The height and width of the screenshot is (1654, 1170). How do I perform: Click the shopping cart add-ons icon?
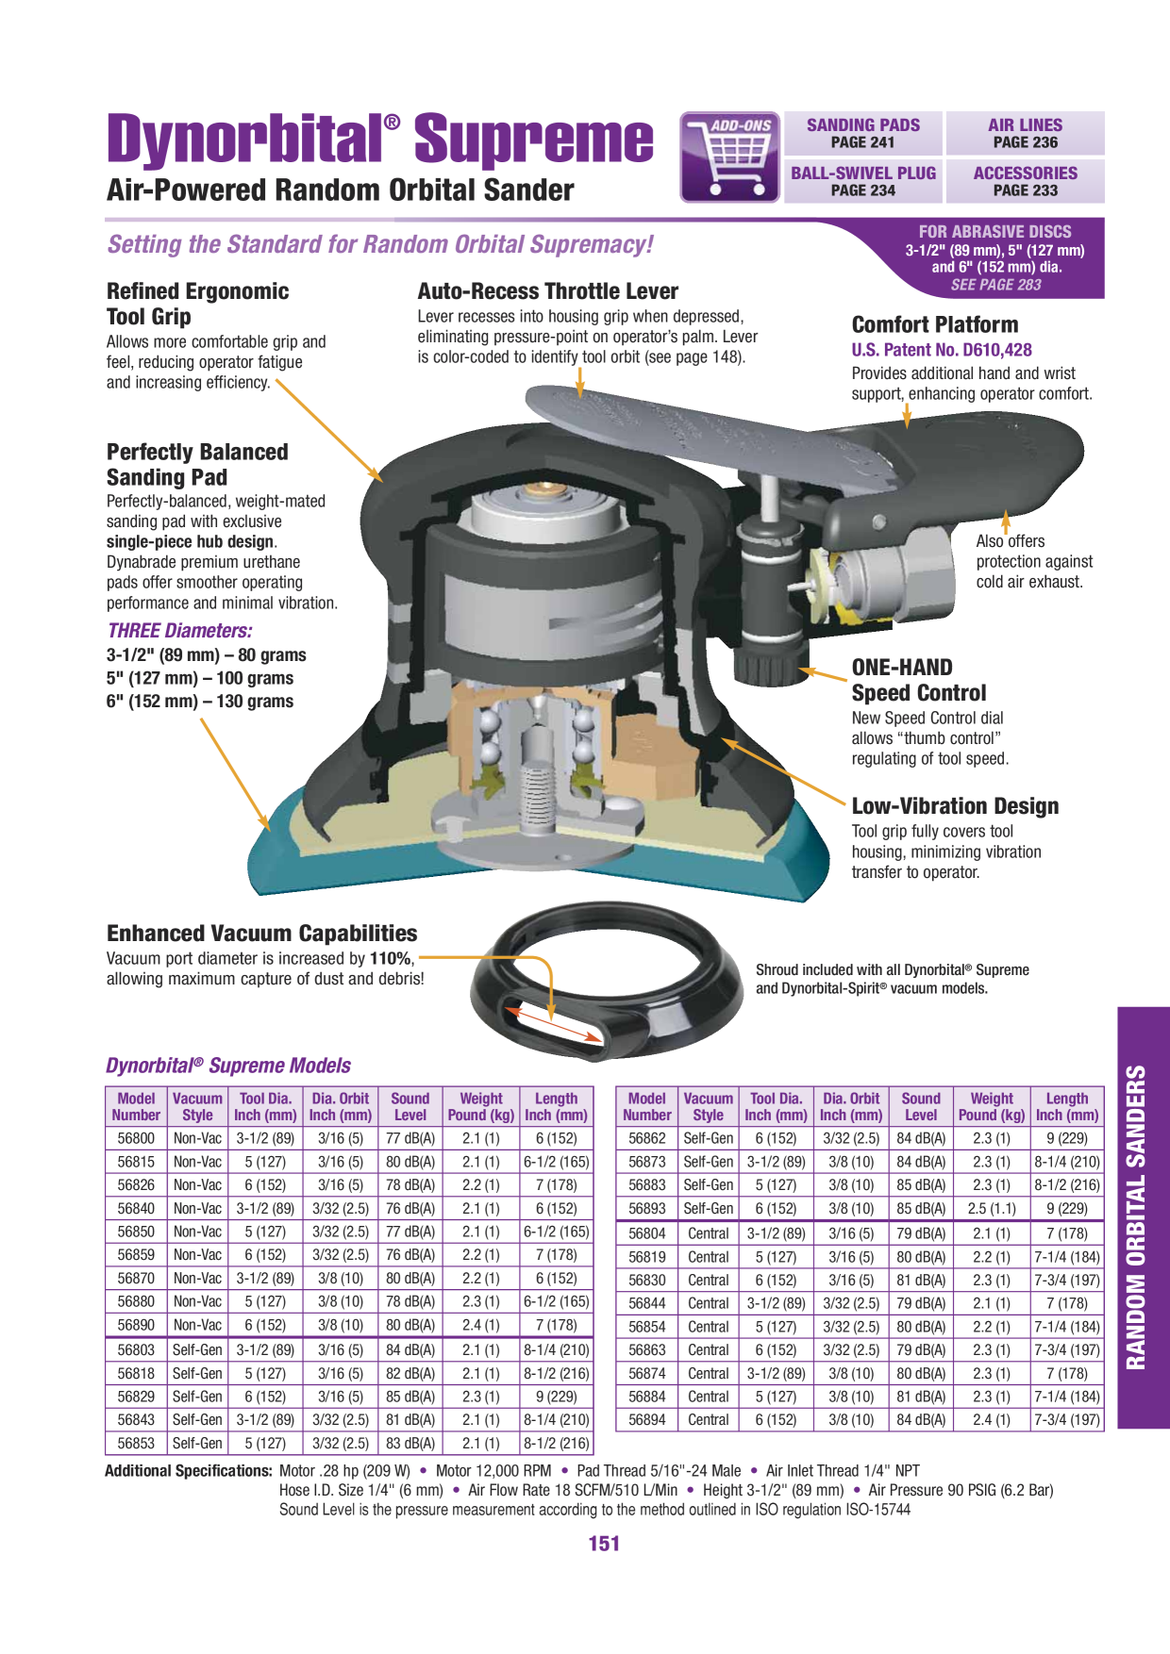pos(729,157)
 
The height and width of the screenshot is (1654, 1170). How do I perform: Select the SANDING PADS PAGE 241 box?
pos(863,133)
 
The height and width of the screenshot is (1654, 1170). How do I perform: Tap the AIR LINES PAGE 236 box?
pos(1025,133)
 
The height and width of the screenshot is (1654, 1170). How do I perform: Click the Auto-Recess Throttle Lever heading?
pos(548,291)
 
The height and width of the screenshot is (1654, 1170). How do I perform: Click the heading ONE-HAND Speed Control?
pos(919,680)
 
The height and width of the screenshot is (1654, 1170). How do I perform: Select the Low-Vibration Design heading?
pos(955,806)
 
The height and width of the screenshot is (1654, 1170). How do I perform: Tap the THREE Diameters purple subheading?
pos(179,631)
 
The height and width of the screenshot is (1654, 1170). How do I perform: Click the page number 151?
pos(604,1544)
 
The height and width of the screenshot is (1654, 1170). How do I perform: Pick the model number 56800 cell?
pos(136,1138)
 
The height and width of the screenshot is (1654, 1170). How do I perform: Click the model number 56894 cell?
pos(646,1419)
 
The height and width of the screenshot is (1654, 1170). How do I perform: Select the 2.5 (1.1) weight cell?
pos(991,1208)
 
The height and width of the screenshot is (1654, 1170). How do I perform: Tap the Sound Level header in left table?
pos(409,1106)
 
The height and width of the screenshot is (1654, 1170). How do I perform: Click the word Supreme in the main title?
pos(533,140)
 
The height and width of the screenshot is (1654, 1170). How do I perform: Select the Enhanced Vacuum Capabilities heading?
pos(262,934)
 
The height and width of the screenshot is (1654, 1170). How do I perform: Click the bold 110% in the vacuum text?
pos(391,958)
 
